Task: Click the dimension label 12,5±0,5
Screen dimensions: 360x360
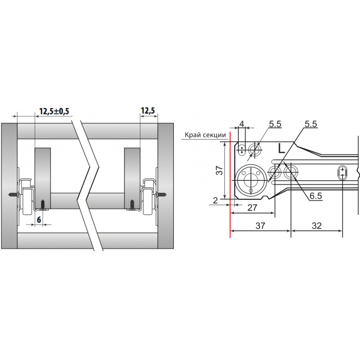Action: [x=54, y=111]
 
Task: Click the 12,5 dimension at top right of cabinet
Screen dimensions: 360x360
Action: [x=148, y=111]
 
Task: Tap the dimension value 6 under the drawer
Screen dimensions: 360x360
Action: [x=39, y=220]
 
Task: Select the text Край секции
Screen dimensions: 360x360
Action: [x=205, y=135]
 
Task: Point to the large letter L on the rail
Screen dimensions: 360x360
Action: [x=281, y=148]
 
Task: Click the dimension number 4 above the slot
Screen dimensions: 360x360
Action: [x=241, y=124]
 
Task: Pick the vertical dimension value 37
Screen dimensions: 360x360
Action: [x=220, y=170]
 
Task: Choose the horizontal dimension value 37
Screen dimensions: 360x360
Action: [x=260, y=225]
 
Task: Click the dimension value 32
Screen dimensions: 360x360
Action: [x=317, y=226]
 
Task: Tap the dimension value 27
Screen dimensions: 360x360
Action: [x=253, y=208]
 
